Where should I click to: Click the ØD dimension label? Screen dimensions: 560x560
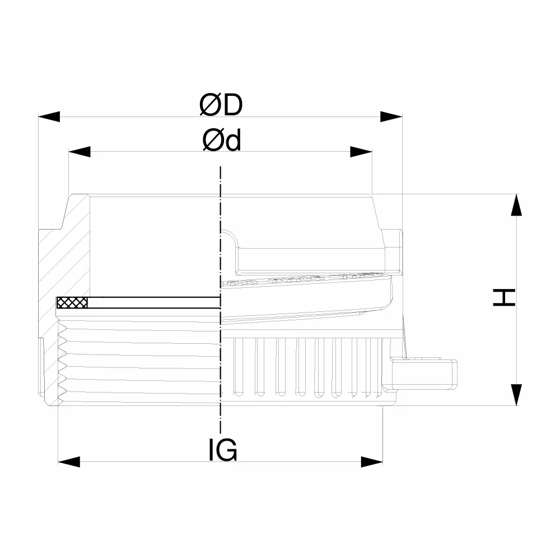(221, 105)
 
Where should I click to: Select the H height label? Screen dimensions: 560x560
(504, 298)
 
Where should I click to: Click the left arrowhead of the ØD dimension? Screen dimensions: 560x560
(49, 116)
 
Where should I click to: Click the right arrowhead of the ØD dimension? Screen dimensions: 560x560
(391, 116)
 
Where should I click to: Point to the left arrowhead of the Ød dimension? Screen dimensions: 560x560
(80, 151)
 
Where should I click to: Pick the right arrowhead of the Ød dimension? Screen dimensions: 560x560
(361, 151)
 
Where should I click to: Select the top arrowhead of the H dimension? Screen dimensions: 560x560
(516, 205)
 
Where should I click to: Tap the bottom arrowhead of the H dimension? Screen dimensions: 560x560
(516, 395)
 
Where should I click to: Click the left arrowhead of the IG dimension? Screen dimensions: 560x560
(69, 461)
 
